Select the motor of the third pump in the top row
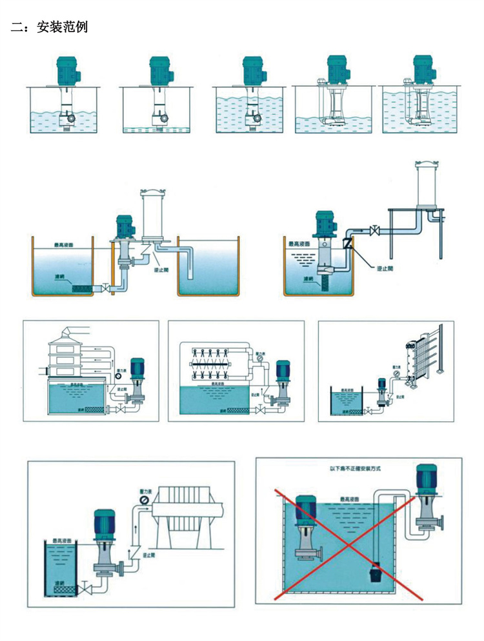251,68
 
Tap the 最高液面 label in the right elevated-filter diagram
299,244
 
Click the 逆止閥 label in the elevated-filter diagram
385,267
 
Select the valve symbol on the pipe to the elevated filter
373,229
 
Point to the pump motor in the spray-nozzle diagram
283,369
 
